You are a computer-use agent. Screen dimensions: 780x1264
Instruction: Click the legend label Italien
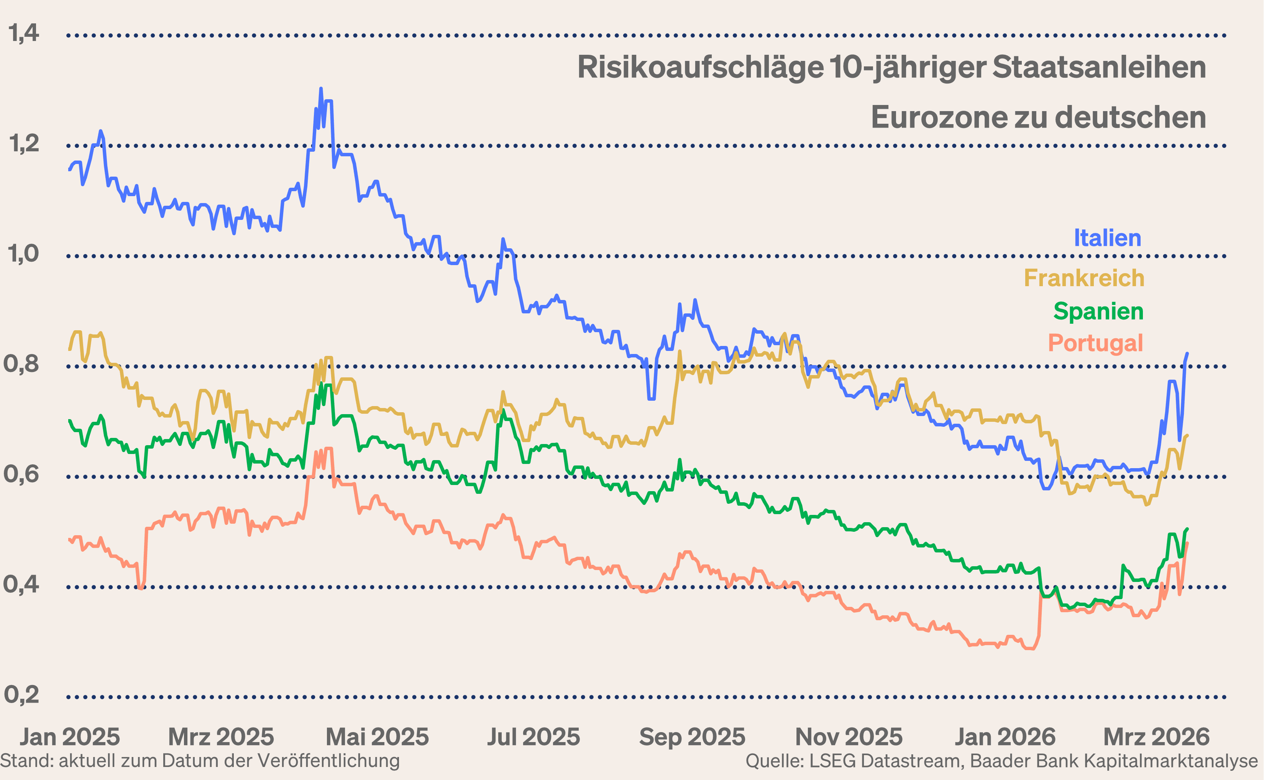pyautogui.click(x=1107, y=238)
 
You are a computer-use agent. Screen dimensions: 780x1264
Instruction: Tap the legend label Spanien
pyautogui.click(x=1098, y=311)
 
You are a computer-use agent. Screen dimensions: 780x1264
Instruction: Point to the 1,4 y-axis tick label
pyautogui.click(x=23, y=33)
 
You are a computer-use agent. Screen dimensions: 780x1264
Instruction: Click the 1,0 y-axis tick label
pyautogui.click(x=23, y=254)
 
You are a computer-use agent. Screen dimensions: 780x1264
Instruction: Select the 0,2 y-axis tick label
pyautogui.click(x=22, y=695)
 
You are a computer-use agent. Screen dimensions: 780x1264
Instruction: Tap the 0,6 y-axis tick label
pyautogui.click(x=22, y=474)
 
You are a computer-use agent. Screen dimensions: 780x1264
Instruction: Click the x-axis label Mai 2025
pyautogui.click(x=377, y=737)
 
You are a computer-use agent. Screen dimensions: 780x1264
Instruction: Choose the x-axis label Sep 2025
pyautogui.click(x=692, y=737)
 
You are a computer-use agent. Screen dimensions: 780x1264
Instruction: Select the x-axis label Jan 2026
pyautogui.click(x=1005, y=737)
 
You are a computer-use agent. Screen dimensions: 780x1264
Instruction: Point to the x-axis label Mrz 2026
pyautogui.click(x=1156, y=737)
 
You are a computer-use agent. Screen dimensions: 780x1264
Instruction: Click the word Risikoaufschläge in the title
pyautogui.click(x=701, y=67)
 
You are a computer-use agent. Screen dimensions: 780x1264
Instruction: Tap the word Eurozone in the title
pyautogui.click(x=939, y=118)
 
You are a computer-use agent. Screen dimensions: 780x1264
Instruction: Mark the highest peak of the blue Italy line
pyautogui.click(x=321, y=89)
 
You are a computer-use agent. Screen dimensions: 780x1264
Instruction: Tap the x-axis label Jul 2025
pyautogui.click(x=534, y=737)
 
